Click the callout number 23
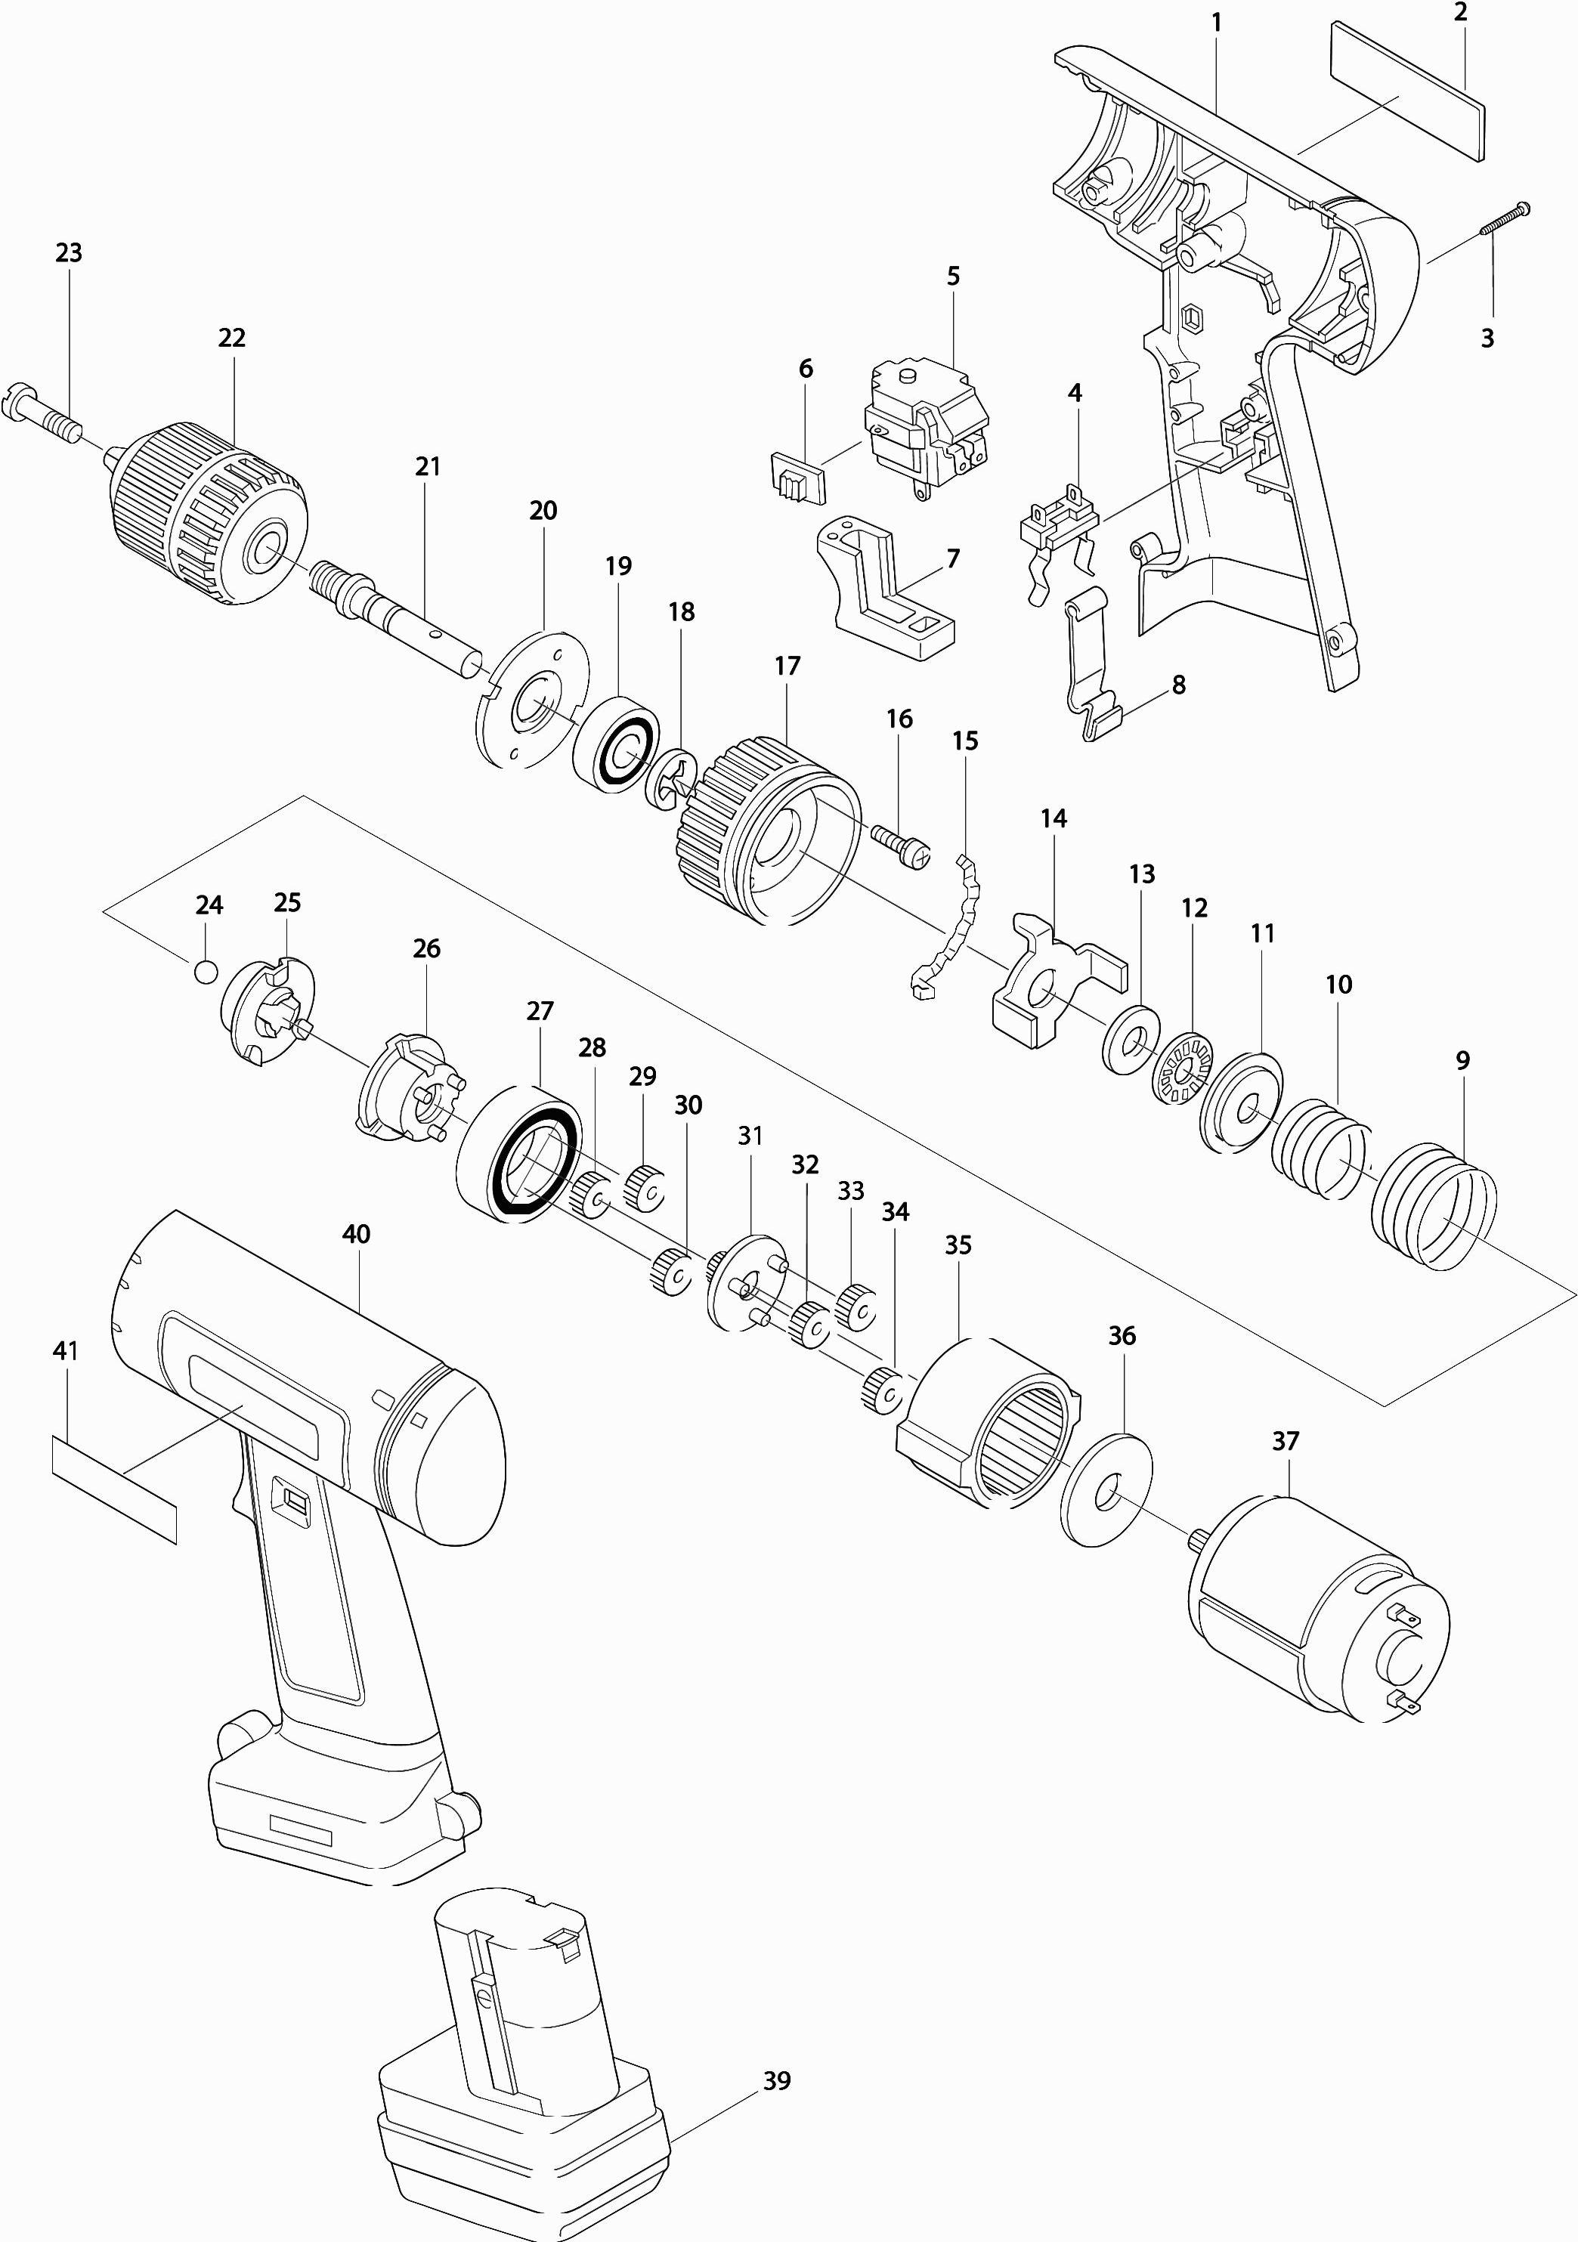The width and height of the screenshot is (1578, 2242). [68, 253]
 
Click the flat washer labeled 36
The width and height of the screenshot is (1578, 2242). [1106, 1490]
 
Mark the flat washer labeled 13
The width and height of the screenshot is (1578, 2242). [1131, 1038]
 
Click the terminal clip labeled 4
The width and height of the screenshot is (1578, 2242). [1057, 528]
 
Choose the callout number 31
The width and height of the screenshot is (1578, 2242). [750, 1136]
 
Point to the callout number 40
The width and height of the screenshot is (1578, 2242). [357, 1234]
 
